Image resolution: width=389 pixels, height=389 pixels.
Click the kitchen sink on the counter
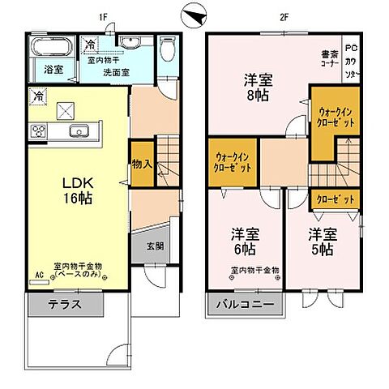[x=79, y=132]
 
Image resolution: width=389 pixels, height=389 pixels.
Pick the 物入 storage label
[x=142, y=164]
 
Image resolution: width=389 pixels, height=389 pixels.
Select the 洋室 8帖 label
[x=260, y=88]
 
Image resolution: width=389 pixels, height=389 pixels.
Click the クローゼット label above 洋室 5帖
[x=334, y=198]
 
